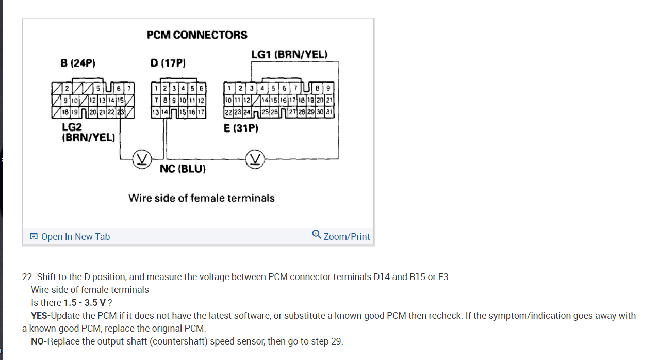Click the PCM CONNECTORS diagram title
pos(197,35)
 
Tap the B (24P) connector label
pos(78,63)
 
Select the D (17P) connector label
pos(168,63)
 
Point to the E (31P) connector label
pos(241,128)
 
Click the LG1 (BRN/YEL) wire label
pos(289,54)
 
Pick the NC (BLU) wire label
pos(183,169)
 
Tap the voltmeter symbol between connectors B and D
pos(141,158)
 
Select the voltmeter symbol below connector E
pos(255,158)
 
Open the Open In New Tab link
pos(70,237)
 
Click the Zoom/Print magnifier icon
pos(317,234)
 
